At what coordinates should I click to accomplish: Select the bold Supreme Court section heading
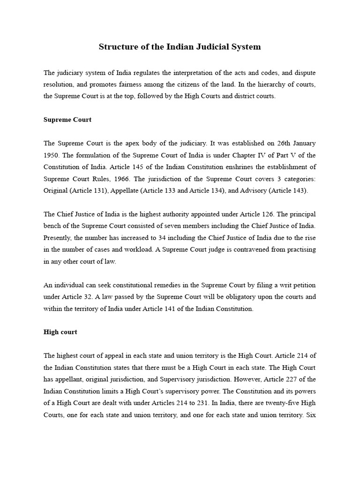(67, 120)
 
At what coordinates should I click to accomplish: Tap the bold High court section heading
(60, 332)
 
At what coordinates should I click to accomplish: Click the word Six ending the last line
(310, 415)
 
